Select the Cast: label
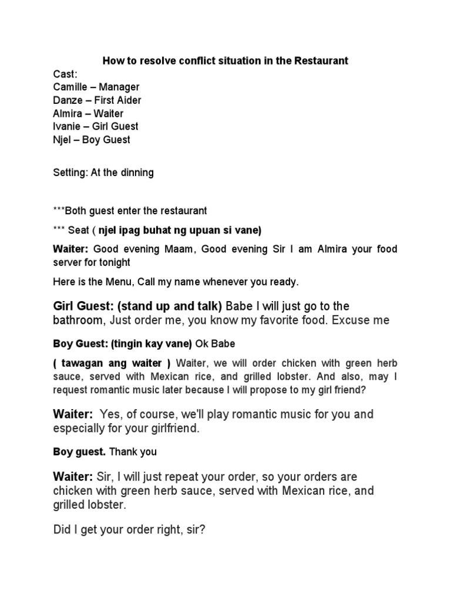pyautogui.click(x=65, y=74)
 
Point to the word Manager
pyautogui.click(x=119, y=87)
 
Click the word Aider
pyautogui.click(x=129, y=100)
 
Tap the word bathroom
pyautogui.click(x=78, y=320)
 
